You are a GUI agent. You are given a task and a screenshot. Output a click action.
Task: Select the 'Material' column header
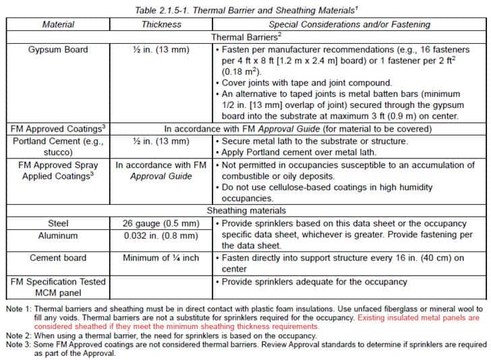click(x=58, y=24)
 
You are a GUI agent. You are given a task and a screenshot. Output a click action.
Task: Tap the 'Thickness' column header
click(x=161, y=24)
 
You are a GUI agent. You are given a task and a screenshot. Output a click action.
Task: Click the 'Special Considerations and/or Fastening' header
click(x=349, y=24)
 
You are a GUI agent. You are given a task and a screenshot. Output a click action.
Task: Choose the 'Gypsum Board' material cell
click(x=58, y=50)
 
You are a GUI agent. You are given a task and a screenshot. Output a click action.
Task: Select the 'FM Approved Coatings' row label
click(x=58, y=128)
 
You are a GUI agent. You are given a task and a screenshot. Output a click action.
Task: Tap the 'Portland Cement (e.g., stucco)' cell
click(x=58, y=146)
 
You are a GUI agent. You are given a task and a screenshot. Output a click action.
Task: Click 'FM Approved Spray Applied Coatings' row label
click(x=58, y=171)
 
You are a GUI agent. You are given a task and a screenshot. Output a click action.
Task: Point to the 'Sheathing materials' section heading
click(x=245, y=210)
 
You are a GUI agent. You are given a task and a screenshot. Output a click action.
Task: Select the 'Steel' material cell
click(x=58, y=223)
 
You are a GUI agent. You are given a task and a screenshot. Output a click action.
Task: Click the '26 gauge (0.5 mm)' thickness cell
click(x=161, y=223)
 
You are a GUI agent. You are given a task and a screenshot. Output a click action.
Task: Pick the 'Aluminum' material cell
click(x=58, y=236)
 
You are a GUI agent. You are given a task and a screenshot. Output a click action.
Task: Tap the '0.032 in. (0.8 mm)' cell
click(x=161, y=236)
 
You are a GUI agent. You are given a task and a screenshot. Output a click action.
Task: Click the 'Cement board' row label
click(x=58, y=258)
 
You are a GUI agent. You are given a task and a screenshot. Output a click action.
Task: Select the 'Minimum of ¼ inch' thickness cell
click(x=161, y=258)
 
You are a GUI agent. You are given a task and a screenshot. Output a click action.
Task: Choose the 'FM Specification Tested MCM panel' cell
click(x=58, y=287)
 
